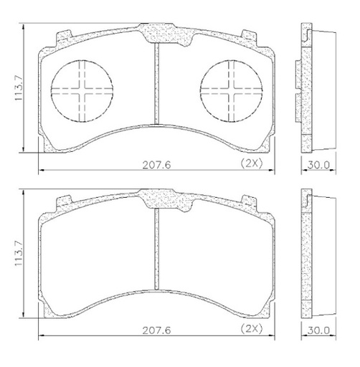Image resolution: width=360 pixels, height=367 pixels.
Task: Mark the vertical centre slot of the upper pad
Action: coord(156,85)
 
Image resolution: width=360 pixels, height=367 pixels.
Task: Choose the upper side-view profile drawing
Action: coord(316,86)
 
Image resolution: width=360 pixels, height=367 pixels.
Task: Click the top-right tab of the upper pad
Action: coord(250,34)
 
